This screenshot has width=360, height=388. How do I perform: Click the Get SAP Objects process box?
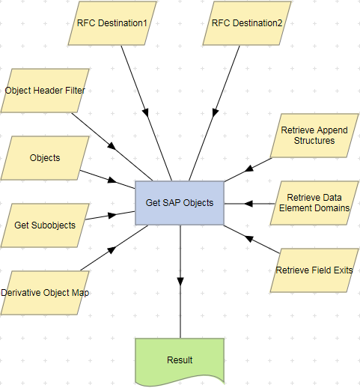[179, 202]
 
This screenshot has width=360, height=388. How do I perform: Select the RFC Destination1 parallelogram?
[112, 23]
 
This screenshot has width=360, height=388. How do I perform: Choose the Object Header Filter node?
[45, 91]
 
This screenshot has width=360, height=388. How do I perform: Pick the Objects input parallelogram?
[45, 158]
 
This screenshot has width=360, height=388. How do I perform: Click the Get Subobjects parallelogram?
[45, 225]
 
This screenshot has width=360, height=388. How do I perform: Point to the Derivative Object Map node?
[45, 292]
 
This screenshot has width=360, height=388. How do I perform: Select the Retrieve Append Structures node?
[314, 136]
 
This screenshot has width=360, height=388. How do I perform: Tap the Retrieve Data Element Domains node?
[314, 203]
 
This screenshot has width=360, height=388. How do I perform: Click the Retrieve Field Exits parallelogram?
[314, 270]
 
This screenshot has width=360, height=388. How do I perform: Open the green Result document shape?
[179, 360]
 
